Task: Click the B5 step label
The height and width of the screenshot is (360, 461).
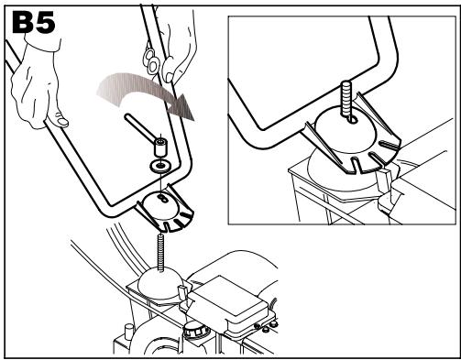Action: (x=34, y=22)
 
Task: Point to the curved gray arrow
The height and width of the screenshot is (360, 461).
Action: (x=144, y=92)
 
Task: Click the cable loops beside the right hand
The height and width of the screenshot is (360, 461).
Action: (x=151, y=60)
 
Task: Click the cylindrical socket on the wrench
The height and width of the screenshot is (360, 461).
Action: (x=161, y=147)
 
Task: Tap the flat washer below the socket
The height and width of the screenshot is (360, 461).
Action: (x=159, y=166)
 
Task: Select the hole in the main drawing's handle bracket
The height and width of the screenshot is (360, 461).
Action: (x=163, y=199)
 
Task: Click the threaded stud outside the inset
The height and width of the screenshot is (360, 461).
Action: (x=160, y=252)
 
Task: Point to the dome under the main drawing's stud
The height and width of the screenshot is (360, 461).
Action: (x=159, y=283)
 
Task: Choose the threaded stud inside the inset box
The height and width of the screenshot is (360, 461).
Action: (x=346, y=98)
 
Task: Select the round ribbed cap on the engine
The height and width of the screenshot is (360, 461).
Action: (x=195, y=331)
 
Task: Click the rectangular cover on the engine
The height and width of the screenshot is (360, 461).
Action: (x=232, y=302)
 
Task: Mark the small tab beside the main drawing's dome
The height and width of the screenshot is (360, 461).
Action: (x=182, y=292)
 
